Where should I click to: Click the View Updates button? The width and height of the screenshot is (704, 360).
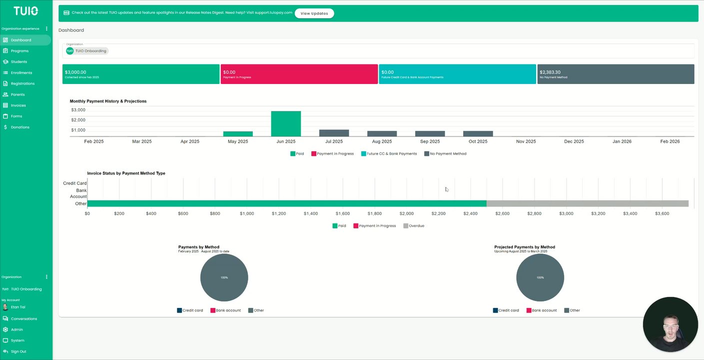click(314, 13)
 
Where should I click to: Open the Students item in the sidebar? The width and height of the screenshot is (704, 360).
click(19, 62)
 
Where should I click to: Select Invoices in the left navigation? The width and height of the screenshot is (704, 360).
click(18, 105)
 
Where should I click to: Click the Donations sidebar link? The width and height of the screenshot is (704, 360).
click(20, 127)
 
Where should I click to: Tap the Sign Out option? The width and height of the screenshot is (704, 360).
click(18, 351)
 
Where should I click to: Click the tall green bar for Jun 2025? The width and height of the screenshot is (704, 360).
click(286, 123)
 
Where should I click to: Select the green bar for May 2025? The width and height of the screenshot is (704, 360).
click(238, 133)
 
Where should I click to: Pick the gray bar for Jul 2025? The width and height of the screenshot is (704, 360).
click(334, 133)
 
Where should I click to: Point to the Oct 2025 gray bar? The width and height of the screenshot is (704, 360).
click(478, 133)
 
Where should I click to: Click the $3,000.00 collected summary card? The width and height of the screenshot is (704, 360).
click(141, 74)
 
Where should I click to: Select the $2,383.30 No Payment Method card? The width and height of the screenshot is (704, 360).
click(616, 74)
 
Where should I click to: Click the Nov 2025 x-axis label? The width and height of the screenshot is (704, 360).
click(526, 141)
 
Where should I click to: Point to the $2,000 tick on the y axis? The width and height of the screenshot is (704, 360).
click(78, 120)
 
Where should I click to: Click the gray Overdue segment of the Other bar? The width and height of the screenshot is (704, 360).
click(587, 203)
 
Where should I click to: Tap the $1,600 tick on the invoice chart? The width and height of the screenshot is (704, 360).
click(343, 213)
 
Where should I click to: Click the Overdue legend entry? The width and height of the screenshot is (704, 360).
click(414, 226)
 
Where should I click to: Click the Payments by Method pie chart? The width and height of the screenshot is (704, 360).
click(224, 277)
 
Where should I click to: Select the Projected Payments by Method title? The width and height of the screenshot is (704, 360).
click(524, 247)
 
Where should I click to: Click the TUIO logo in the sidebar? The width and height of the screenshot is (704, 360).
click(25, 11)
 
